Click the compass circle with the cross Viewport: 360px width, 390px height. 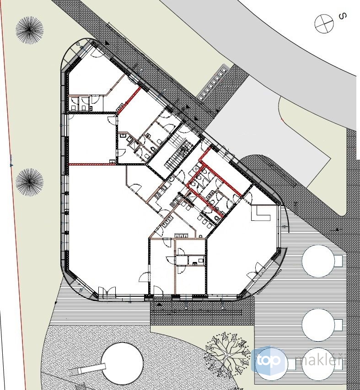click(324, 23)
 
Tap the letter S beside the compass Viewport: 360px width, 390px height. click(343, 16)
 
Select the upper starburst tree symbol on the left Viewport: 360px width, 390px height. click(30, 30)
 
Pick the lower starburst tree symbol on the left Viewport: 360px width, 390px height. click(30, 182)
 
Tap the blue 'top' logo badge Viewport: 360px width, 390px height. click(269, 361)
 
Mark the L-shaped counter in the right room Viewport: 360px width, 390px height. click(260, 213)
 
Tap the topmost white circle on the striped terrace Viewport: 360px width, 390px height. click(318, 261)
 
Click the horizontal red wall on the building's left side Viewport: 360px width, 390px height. click(92, 164)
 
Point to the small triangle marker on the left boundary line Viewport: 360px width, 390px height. click(11, 165)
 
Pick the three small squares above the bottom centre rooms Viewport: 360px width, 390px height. click(181, 235)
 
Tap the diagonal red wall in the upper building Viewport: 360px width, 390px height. click(129, 100)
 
